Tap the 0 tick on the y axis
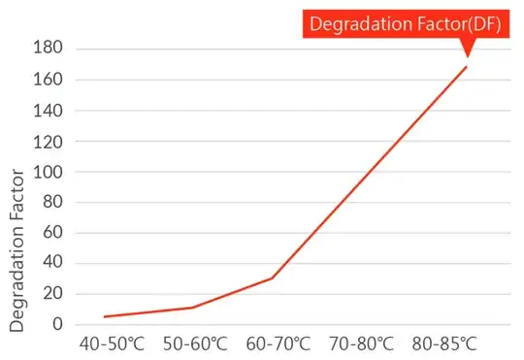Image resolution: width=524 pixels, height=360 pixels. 56,324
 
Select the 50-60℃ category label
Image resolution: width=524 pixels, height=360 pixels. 195,344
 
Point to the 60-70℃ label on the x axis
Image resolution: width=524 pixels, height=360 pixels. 278,344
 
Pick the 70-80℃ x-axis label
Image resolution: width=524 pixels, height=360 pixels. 362,344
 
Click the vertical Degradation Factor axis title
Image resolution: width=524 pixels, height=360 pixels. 16,250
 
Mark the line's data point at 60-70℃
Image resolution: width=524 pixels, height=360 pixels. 273,278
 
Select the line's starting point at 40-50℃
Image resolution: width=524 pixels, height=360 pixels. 104,316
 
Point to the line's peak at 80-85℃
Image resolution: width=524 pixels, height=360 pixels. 467,66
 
